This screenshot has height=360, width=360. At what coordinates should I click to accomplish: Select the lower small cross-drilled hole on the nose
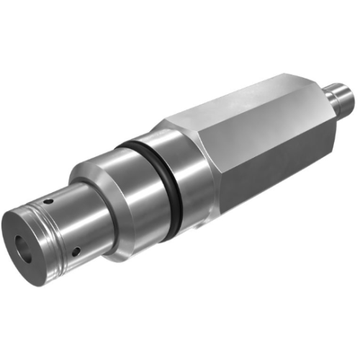(76, 253)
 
